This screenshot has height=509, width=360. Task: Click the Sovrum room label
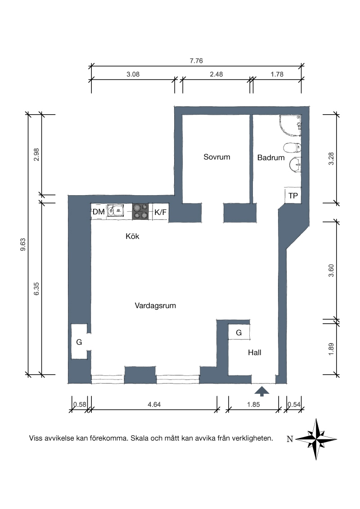(217, 157)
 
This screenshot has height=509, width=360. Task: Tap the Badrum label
(271, 158)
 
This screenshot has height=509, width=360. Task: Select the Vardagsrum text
(155, 306)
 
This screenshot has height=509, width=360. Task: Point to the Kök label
(132, 237)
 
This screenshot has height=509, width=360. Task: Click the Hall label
(254, 353)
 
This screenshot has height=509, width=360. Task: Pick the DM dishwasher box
(99, 212)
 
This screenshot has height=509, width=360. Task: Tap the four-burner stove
(140, 211)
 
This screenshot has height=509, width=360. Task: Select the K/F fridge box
(160, 212)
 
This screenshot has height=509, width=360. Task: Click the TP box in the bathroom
(293, 196)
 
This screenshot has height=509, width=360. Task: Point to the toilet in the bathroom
(292, 148)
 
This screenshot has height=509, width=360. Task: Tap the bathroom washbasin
(295, 165)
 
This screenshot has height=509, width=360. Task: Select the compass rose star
(316, 439)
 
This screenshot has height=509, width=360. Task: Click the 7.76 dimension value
(196, 61)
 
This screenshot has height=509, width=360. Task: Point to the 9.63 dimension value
(23, 245)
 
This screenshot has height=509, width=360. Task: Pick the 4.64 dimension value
(154, 405)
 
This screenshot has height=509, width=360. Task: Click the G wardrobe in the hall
(239, 332)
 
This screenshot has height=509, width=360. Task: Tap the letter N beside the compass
(290, 439)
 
